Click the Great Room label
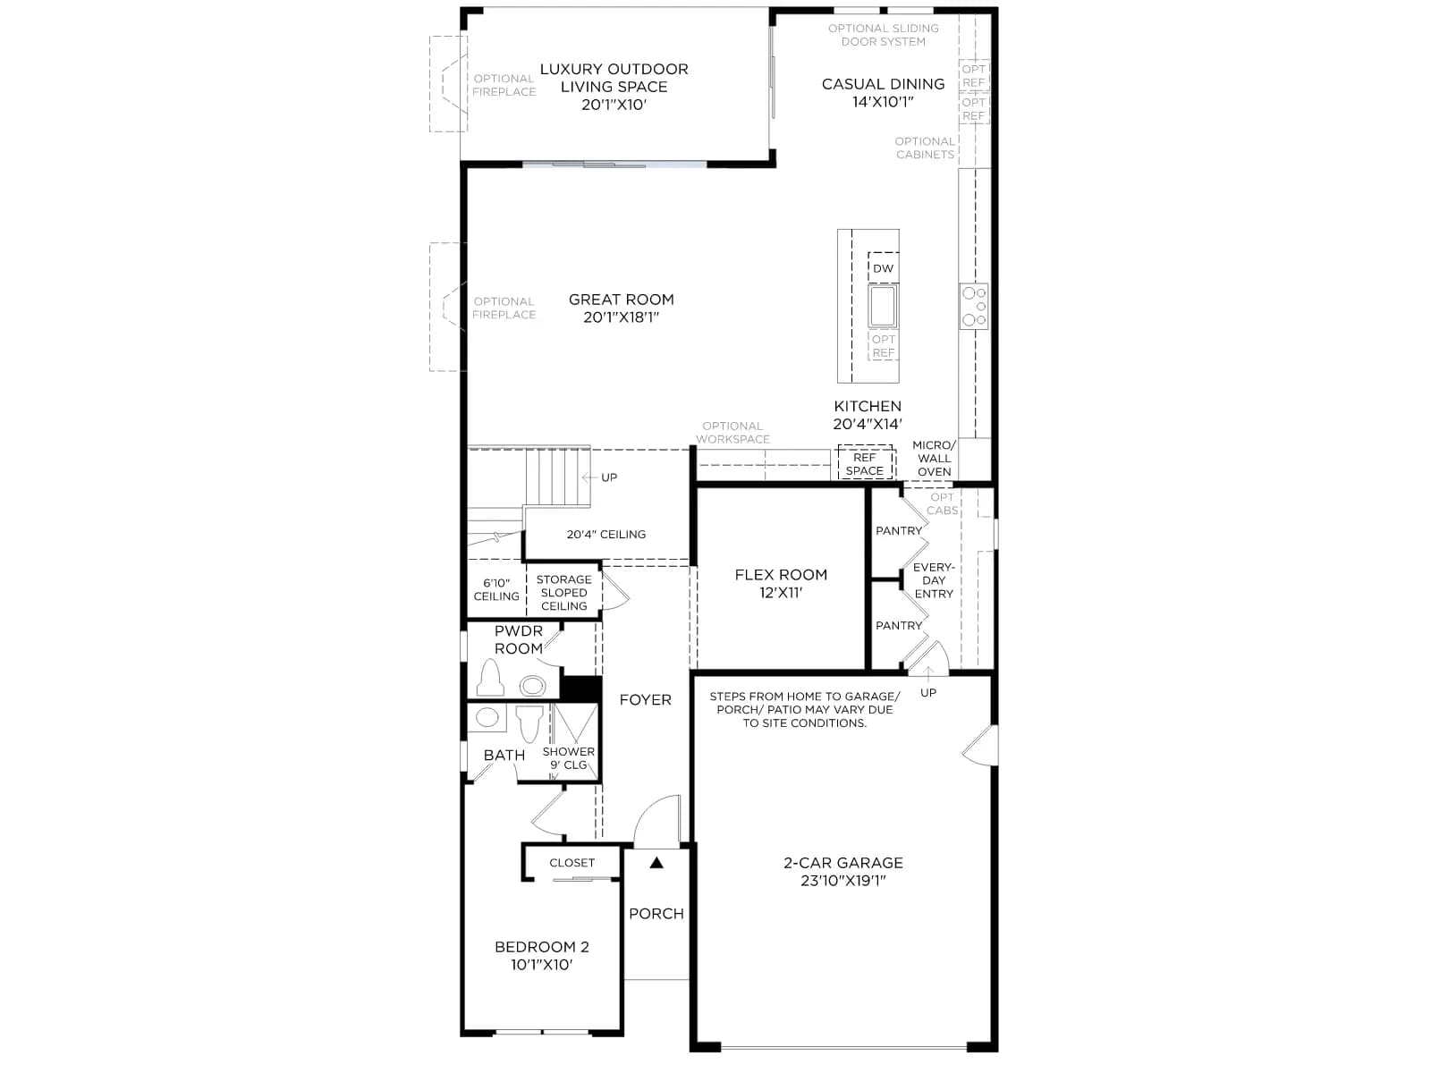(x=621, y=308)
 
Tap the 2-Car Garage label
(x=843, y=872)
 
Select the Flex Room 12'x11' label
(x=781, y=583)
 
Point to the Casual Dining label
(x=883, y=92)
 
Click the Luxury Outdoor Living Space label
(x=614, y=87)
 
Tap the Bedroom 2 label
(x=541, y=956)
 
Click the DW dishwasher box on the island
(x=883, y=267)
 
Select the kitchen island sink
(x=883, y=306)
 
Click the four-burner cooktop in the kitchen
(x=973, y=306)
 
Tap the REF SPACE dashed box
(x=865, y=463)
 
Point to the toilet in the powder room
(x=490, y=678)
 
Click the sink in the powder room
(x=533, y=685)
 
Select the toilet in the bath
(x=529, y=722)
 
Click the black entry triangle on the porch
(x=656, y=863)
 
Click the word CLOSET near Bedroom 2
(x=572, y=863)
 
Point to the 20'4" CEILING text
(x=605, y=534)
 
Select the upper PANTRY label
(x=898, y=531)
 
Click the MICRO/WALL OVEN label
(x=934, y=458)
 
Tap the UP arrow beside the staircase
(x=590, y=477)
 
